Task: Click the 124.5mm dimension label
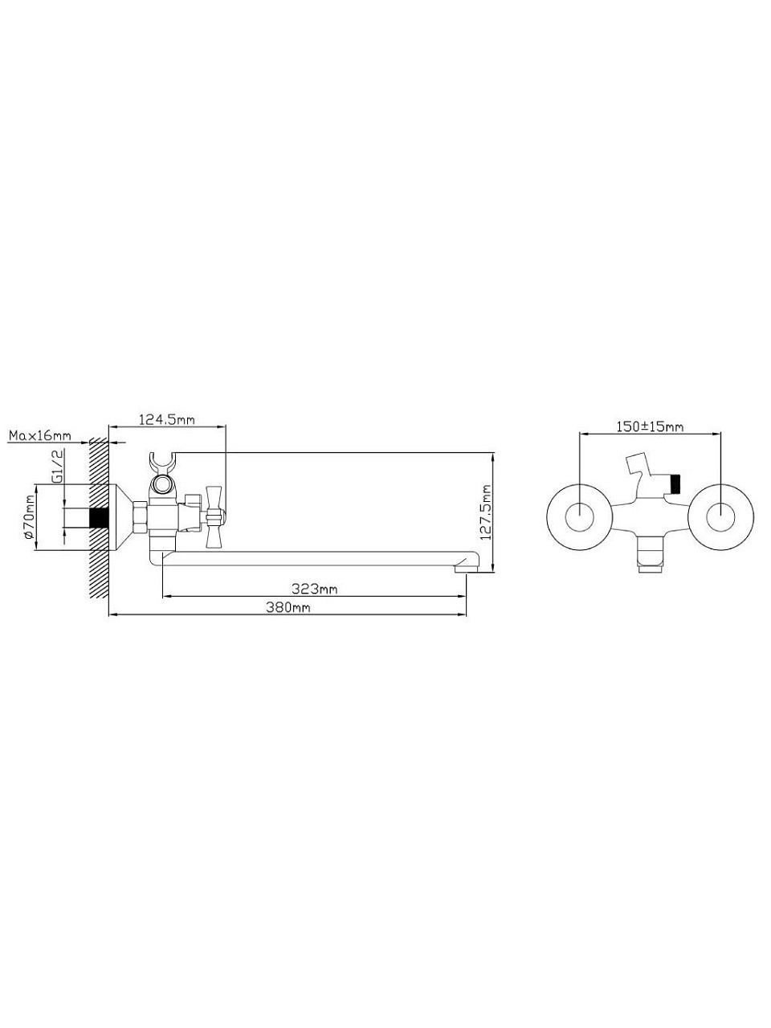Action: tap(167, 419)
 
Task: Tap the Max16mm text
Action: tap(40, 436)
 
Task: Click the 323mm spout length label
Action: tap(314, 589)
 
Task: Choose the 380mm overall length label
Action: tap(288, 607)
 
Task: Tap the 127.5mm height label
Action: tap(487, 512)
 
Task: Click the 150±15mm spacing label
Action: tap(649, 426)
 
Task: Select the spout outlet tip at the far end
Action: tap(465, 568)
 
